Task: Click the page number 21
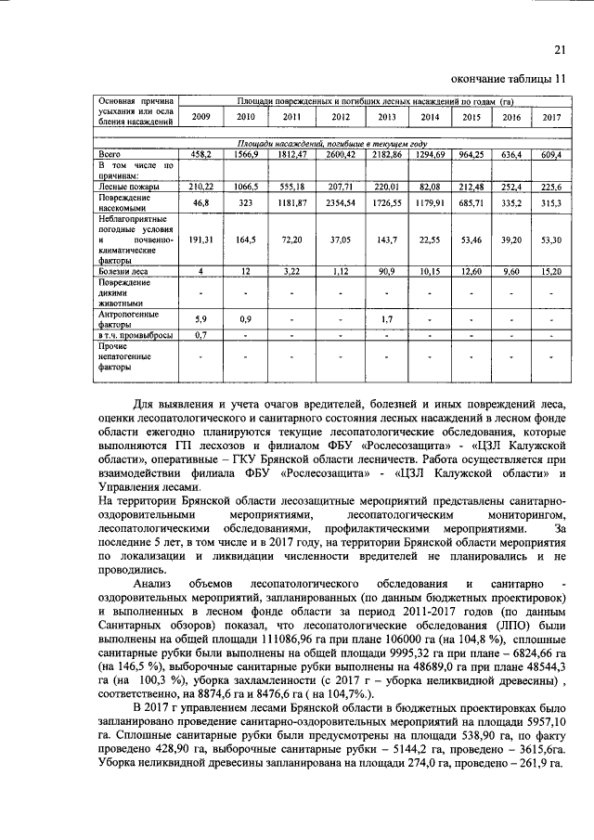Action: click(x=559, y=49)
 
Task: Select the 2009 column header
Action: click(x=201, y=117)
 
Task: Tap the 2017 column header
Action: click(x=552, y=117)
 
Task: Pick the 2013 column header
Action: click(x=387, y=117)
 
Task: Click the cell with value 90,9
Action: click(x=387, y=271)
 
